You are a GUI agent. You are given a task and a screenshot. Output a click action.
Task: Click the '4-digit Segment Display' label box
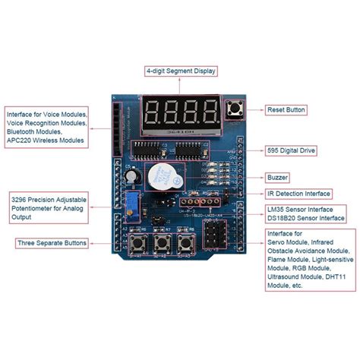(181, 71)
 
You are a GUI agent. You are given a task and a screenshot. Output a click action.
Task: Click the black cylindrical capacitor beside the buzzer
(135, 175)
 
